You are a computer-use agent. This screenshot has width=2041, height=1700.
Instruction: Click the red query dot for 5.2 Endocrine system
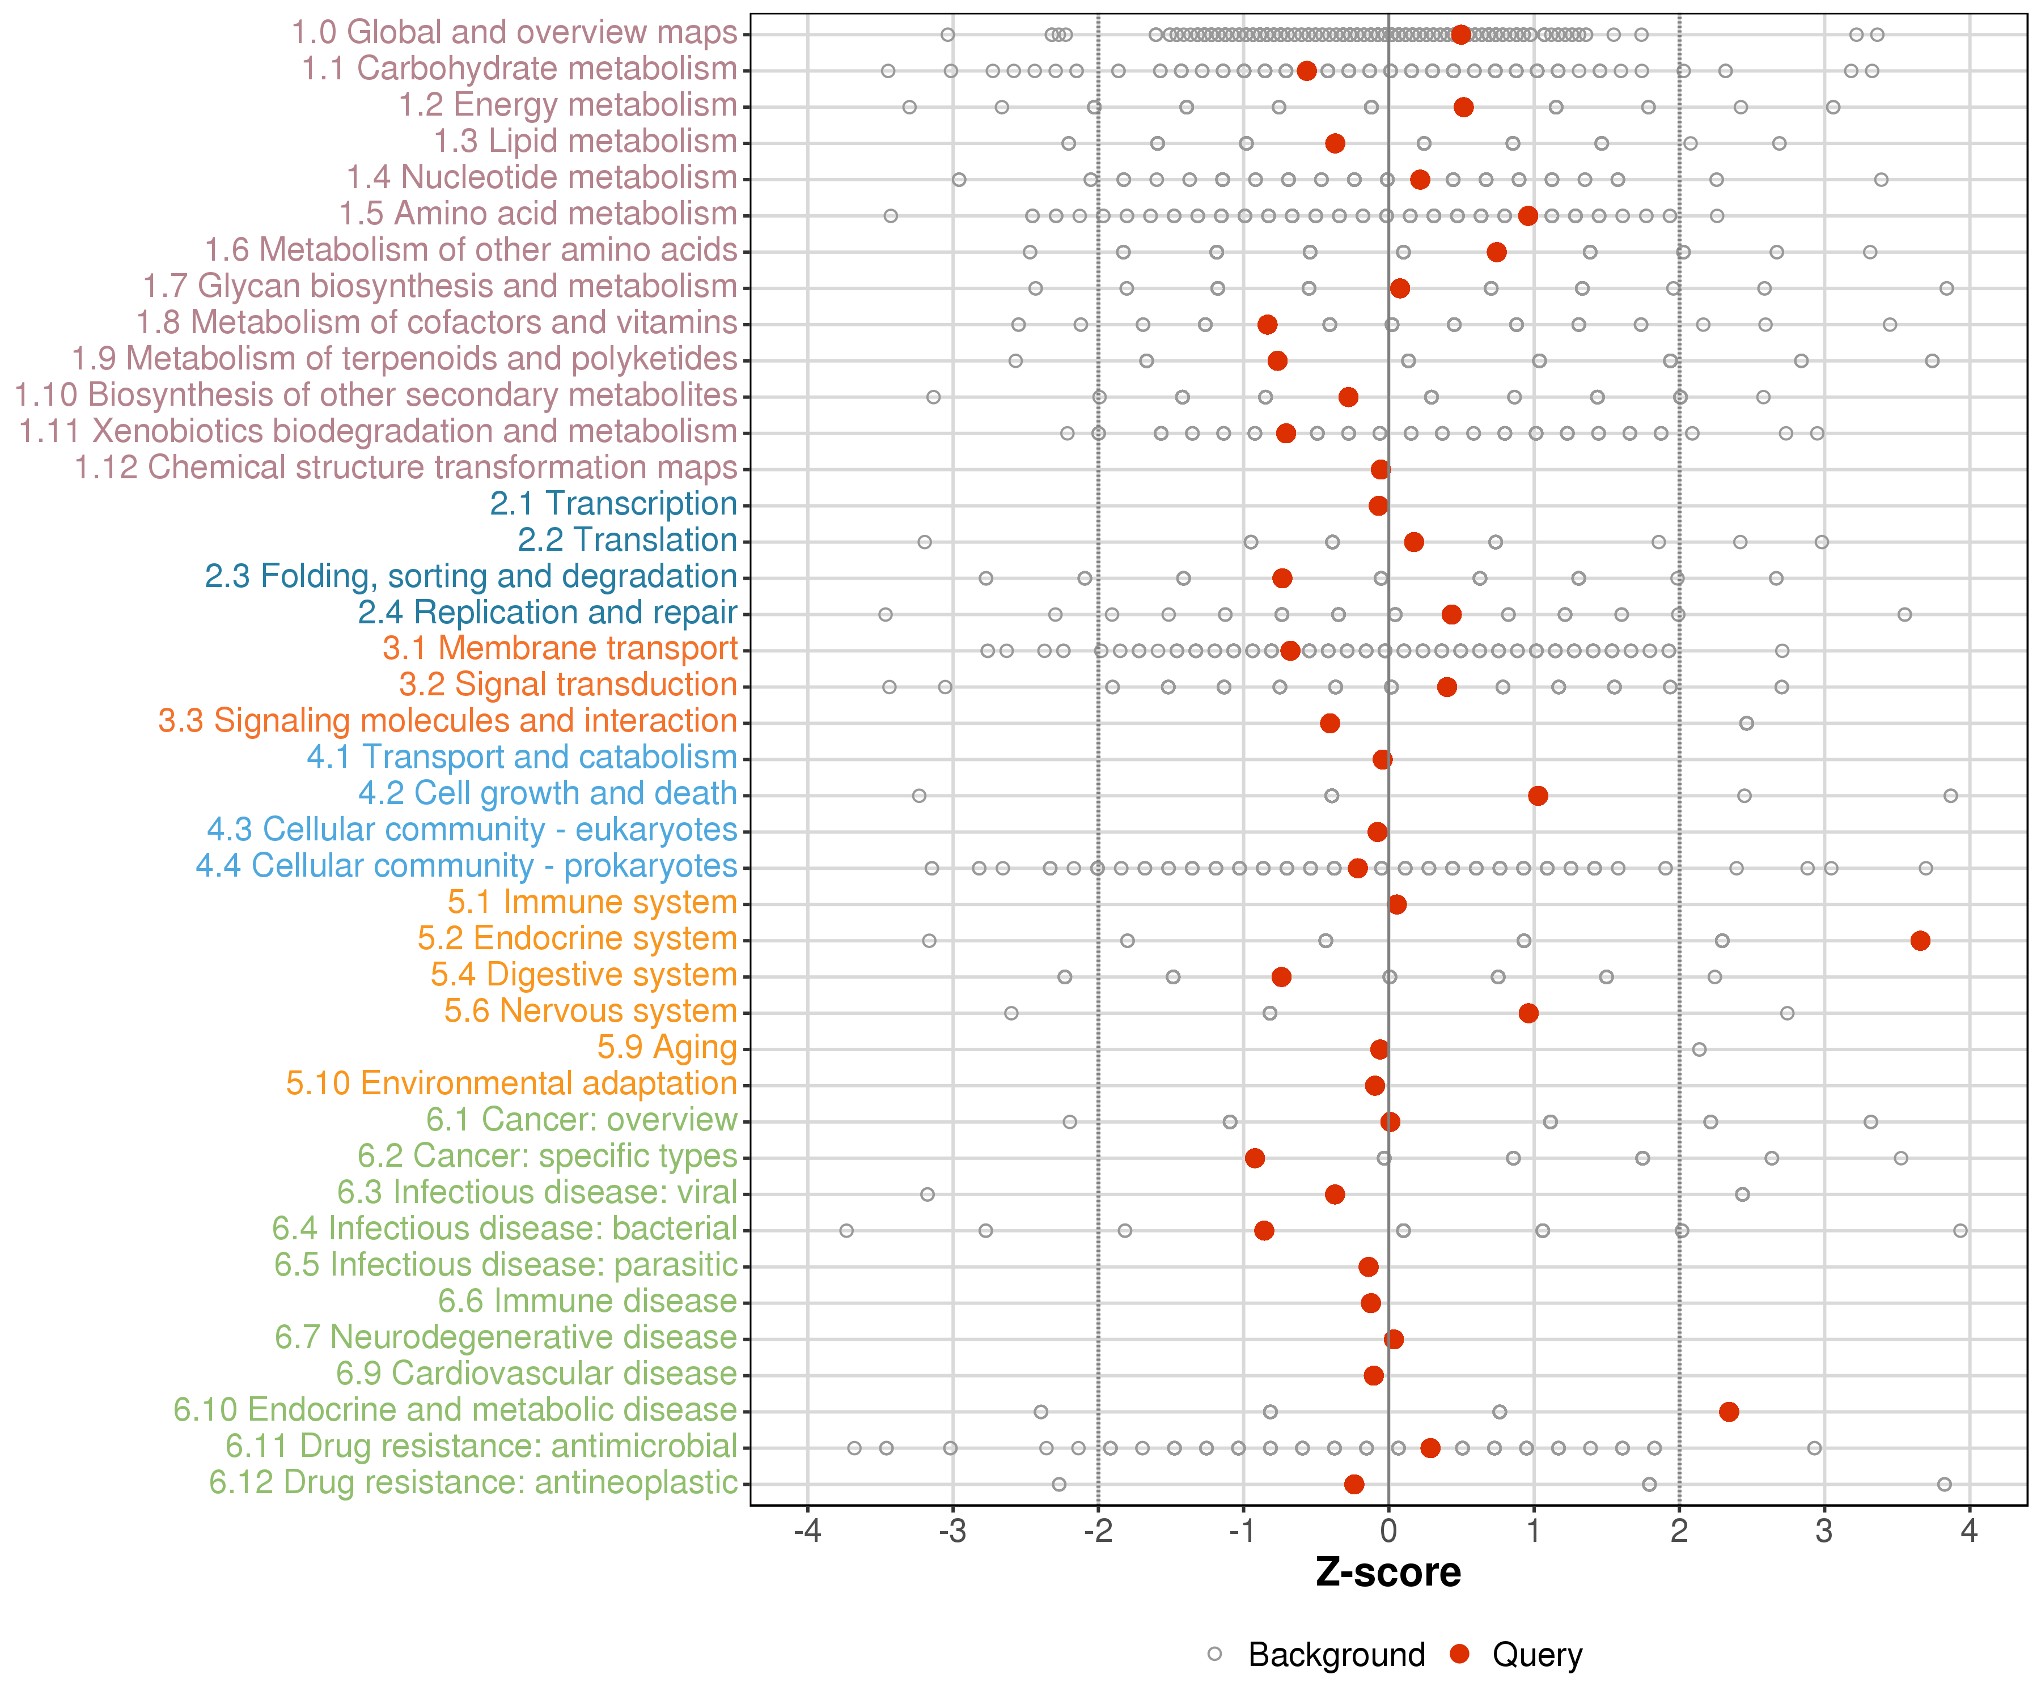1920,940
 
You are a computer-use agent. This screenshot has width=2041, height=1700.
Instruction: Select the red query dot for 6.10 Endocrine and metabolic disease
1728,1412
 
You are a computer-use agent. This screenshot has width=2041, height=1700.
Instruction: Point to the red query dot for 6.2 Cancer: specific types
1255,1158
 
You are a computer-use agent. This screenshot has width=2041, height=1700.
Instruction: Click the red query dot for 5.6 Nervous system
1528,1013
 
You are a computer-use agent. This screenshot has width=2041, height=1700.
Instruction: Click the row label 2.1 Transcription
613,504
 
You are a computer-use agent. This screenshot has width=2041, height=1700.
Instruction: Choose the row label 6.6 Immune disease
587,1302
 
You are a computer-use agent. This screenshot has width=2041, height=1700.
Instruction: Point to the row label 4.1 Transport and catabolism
522,758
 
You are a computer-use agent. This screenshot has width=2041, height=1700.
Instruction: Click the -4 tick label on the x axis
808,1532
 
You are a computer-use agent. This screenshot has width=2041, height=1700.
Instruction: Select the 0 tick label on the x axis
1388,1532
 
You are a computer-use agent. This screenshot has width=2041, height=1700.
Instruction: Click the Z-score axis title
1388,1572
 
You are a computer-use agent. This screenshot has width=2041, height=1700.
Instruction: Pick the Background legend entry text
1336,1654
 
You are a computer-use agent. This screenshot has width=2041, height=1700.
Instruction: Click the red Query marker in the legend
1459,1654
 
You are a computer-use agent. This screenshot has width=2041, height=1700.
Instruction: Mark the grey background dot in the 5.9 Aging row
1699,1049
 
